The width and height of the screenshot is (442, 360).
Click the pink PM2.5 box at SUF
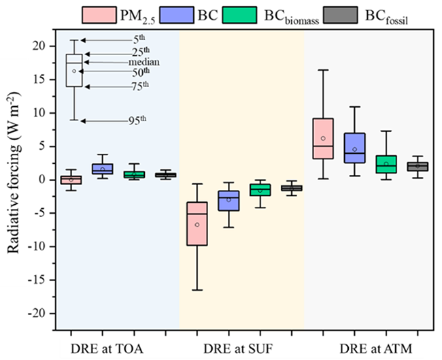[197, 223]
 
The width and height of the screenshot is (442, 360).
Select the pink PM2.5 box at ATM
[323, 138]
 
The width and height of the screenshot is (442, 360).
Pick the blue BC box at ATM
[354, 147]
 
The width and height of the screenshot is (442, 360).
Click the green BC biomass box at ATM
[386, 164]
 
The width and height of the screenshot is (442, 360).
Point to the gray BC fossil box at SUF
[291, 188]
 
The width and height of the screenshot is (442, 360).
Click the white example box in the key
[73, 70]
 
